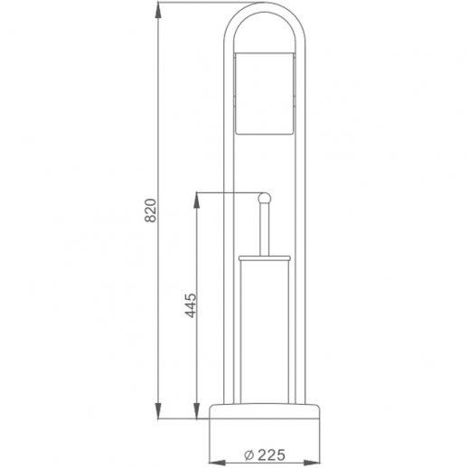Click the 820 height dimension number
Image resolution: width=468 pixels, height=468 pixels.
tap(152, 210)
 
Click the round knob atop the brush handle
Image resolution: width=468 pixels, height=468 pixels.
tap(264, 198)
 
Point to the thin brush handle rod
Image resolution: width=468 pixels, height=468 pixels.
tap(264, 230)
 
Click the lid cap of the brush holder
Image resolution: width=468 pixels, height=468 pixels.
tap(264, 258)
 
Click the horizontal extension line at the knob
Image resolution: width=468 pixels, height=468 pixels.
tap(226, 192)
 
